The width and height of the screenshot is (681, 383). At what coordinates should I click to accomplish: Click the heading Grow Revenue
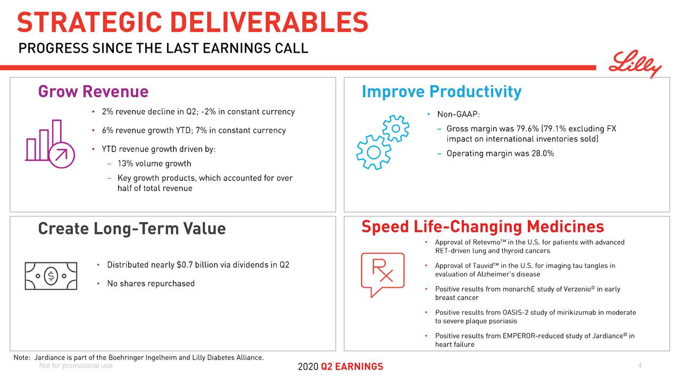(93, 92)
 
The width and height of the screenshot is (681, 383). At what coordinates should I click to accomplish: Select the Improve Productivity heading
(441, 92)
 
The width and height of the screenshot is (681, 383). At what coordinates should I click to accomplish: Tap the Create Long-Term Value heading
(132, 229)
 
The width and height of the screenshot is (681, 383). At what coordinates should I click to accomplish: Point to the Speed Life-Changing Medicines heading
(482, 227)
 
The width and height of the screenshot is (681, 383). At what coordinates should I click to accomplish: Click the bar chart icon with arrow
(46, 141)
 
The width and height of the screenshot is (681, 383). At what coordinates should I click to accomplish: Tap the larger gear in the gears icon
(373, 152)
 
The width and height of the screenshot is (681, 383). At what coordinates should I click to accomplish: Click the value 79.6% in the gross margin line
(528, 129)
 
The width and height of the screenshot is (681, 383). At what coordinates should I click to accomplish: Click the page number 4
(640, 366)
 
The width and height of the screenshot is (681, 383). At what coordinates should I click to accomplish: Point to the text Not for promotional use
(76, 366)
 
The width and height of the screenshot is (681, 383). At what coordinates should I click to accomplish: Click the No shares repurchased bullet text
(151, 284)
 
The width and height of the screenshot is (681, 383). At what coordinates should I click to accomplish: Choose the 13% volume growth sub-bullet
(154, 164)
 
